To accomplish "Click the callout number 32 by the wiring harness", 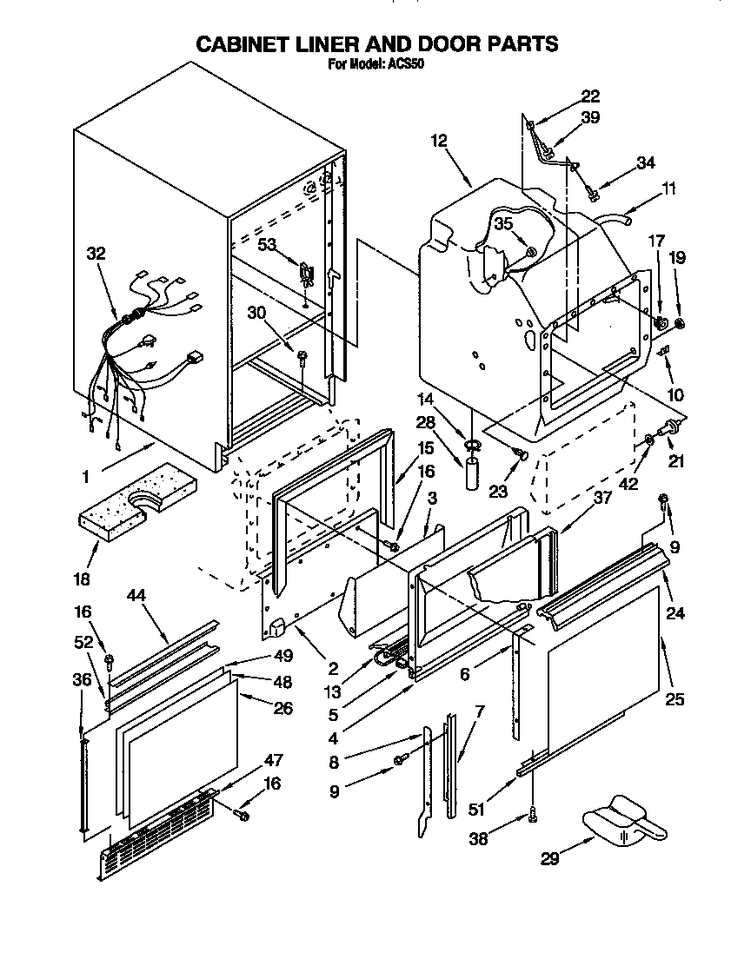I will tap(96, 255).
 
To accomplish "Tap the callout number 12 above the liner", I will tap(438, 139).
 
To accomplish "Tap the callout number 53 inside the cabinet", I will tap(267, 245).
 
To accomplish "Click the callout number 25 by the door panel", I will tap(675, 699).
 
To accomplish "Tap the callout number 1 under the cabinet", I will tap(85, 476).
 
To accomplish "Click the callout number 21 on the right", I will tap(676, 461).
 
